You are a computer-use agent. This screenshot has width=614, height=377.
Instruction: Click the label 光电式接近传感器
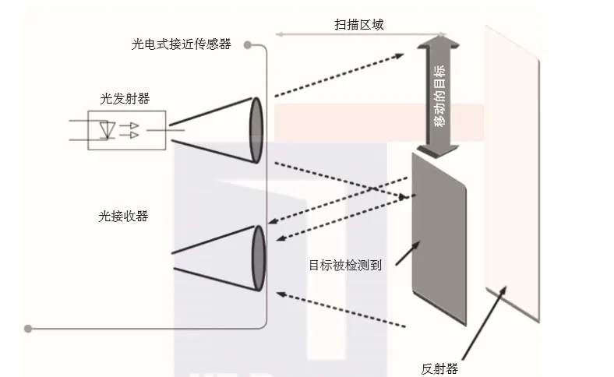click(x=181, y=44)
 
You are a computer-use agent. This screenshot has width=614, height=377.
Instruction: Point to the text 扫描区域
click(x=358, y=25)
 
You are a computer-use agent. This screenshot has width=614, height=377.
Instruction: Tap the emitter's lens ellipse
click(x=256, y=130)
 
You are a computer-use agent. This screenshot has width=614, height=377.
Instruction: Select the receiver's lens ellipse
click(x=259, y=258)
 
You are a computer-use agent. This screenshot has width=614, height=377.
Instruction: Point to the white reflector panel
click(x=510, y=171)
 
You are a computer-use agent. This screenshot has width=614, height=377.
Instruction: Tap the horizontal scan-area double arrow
click(x=358, y=35)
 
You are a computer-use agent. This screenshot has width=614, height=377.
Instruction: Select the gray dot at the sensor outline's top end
click(x=248, y=45)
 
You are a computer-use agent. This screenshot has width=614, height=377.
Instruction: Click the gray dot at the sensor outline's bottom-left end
click(x=28, y=328)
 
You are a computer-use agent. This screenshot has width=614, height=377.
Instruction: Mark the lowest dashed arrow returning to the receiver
click(x=343, y=309)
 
